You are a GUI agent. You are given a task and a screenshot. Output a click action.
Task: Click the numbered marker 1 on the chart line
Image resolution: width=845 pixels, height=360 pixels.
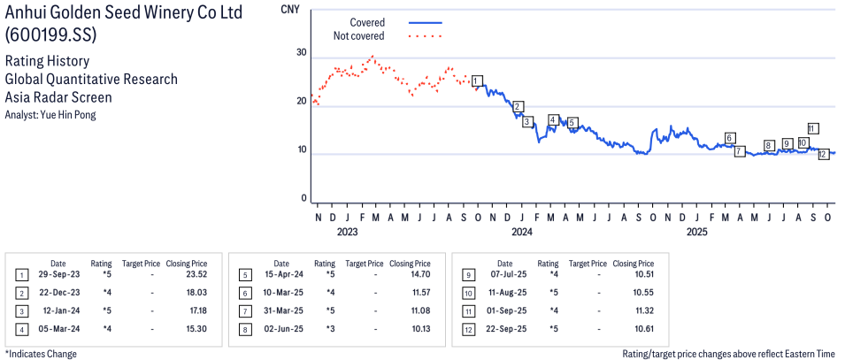[x=477, y=81]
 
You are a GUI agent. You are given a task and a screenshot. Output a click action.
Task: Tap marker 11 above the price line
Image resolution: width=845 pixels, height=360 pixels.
[x=812, y=128]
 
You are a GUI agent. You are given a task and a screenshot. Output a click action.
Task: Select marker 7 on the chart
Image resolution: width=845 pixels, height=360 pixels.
[x=740, y=152]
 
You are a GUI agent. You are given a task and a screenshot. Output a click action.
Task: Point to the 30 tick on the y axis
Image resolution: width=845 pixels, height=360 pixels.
[x=301, y=53]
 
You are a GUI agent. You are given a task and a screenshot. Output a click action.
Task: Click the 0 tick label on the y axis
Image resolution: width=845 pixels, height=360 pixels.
[x=303, y=199]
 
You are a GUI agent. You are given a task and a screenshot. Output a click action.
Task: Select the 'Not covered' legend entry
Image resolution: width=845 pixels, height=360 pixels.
[x=358, y=36]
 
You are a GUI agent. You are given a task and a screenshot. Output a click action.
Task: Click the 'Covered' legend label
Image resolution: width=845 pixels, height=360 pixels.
[x=366, y=22]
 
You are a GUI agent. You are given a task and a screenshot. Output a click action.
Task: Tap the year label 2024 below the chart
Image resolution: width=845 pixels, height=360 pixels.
[x=521, y=233]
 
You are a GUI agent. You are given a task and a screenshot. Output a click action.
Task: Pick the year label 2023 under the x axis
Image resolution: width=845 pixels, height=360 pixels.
[x=347, y=233]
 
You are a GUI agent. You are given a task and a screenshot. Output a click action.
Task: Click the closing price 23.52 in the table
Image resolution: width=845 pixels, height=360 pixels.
[x=194, y=275]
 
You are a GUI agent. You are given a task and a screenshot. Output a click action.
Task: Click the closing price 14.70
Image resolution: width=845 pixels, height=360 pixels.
[x=418, y=275]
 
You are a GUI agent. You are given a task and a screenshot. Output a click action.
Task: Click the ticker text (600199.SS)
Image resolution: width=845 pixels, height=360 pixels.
[x=51, y=34]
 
